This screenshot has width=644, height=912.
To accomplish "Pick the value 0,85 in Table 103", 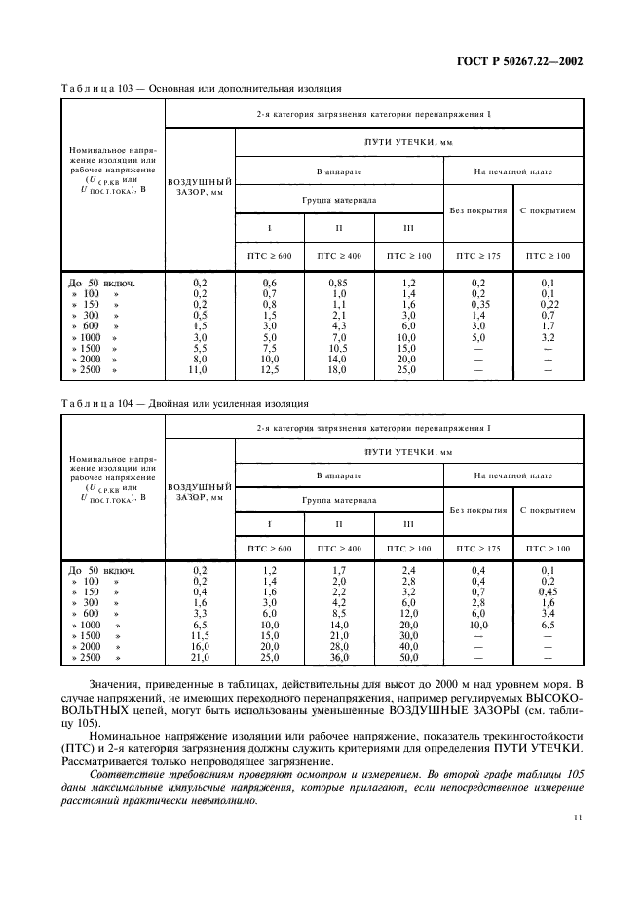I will coord(339,283).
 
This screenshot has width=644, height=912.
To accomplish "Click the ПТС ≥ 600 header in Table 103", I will coord(270,256).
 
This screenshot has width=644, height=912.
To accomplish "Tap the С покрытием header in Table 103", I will coord(547,209).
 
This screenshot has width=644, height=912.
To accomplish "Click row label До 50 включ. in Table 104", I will coord(100,569).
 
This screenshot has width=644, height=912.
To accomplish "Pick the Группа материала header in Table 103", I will coord(338,199).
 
